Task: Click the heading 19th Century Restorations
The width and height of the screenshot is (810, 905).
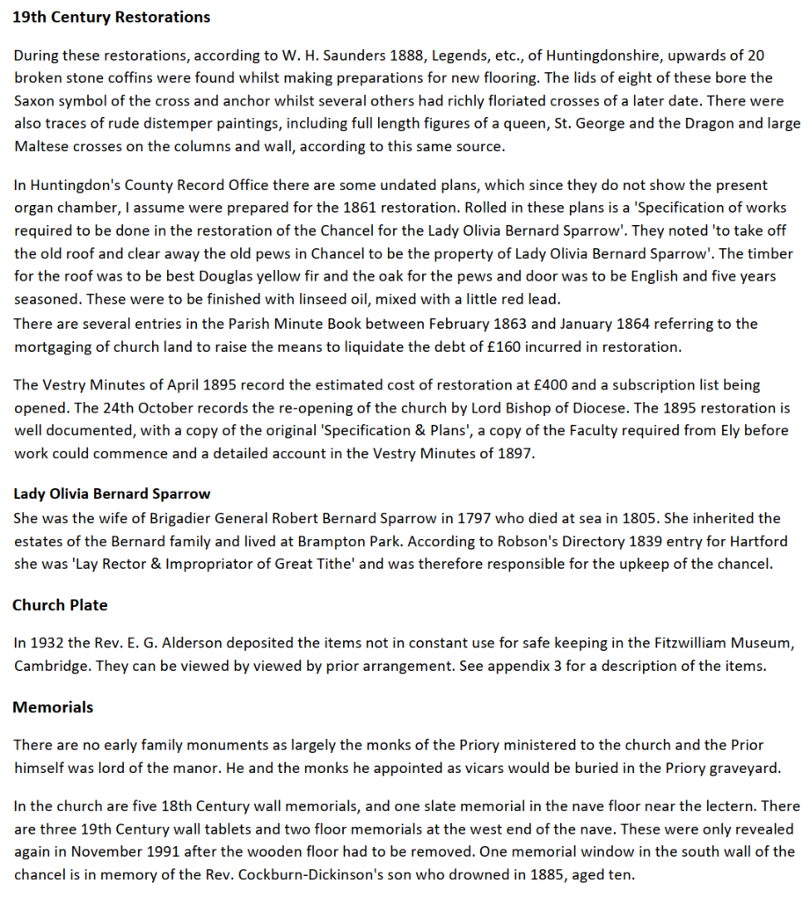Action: click(111, 17)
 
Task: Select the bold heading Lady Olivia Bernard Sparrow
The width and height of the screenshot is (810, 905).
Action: click(112, 493)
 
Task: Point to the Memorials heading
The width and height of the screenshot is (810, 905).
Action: click(53, 707)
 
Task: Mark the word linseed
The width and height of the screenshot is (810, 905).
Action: click(287, 299)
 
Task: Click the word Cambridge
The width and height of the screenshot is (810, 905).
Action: click(52, 666)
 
